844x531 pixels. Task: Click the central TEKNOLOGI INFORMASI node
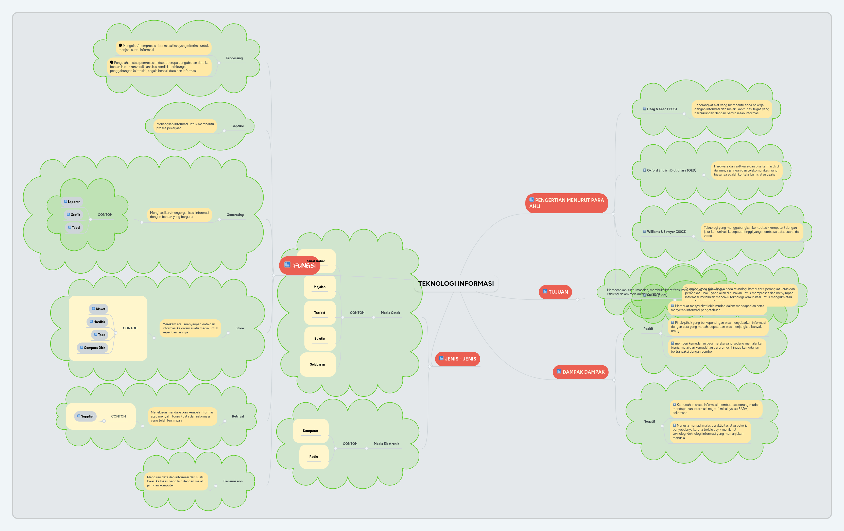[456, 283]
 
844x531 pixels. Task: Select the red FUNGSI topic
[300, 265]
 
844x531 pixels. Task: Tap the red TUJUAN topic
[555, 292]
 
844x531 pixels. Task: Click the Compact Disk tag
[93, 348]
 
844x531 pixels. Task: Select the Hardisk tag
[97, 322]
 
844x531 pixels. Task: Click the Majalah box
[319, 287]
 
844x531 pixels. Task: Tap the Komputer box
[311, 431]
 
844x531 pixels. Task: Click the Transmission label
[232, 481]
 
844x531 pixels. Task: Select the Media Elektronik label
[386, 444]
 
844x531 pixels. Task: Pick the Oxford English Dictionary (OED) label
[671, 170]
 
